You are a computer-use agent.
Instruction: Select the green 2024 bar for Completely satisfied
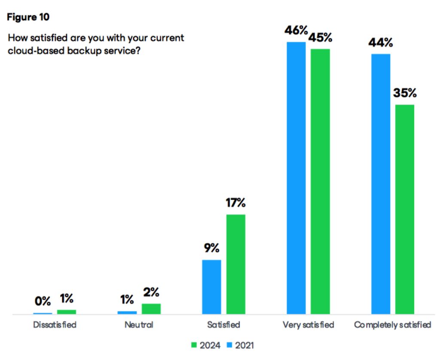tap(405, 209)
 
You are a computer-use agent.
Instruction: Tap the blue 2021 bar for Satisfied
tap(211, 287)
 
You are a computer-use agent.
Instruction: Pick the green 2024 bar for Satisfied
tap(236, 264)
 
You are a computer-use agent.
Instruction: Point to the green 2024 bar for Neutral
tap(151, 309)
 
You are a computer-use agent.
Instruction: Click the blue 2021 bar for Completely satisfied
tap(381, 184)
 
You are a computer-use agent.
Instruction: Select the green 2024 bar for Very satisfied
tap(320, 181)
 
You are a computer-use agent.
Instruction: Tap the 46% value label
tap(296, 31)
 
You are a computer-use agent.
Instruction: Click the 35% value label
tap(404, 93)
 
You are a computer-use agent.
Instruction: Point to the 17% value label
tap(236, 203)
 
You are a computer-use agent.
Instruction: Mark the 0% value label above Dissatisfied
tap(43, 301)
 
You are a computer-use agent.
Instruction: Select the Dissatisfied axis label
tap(55, 325)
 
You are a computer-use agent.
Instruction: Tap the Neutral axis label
tap(139, 325)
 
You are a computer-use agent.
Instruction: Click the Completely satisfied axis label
tap(392, 325)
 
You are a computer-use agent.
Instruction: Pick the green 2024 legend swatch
tap(194, 345)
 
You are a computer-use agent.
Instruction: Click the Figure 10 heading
tap(28, 17)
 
